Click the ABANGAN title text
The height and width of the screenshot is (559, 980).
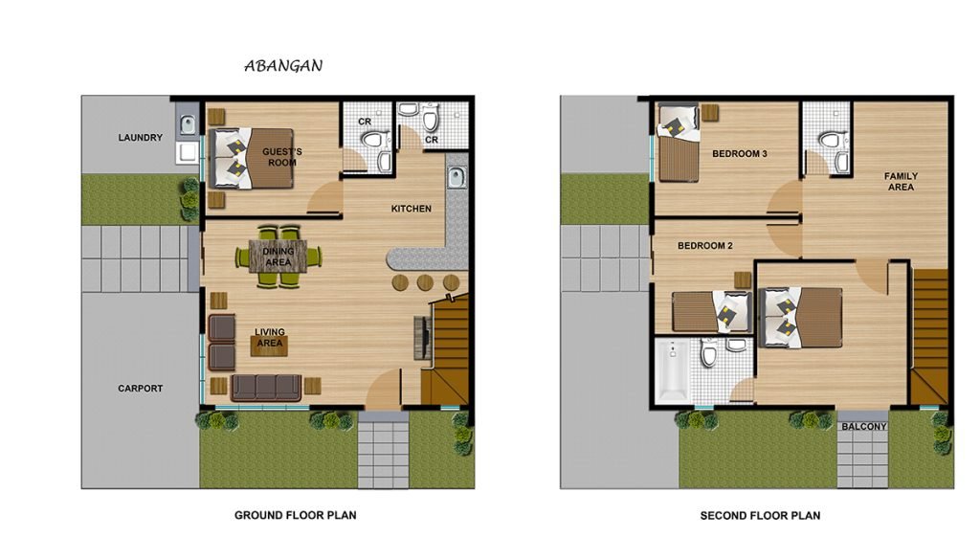pyautogui.click(x=283, y=66)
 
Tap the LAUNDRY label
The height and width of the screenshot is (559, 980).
pyautogui.click(x=140, y=138)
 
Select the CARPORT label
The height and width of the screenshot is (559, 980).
pyautogui.click(x=140, y=389)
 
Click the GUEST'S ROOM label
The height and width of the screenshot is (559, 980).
pyautogui.click(x=282, y=157)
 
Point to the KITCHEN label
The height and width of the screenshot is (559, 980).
pyautogui.click(x=412, y=209)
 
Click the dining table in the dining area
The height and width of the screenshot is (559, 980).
pyautogui.click(x=278, y=257)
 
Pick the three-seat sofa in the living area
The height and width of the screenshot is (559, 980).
pyautogui.click(x=266, y=388)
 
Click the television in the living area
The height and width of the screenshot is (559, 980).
pyautogui.click(x=422, y=338)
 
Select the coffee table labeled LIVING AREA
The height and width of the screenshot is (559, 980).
pyautogui.click(x=269, y=344)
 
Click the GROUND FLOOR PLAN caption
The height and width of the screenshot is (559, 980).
pyautogui.click(x=296, y=515)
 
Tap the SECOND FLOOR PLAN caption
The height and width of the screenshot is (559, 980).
pyautogui.click(x=760, y=516)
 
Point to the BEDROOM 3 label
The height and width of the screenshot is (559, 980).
pyautogui.click(x=740, y=154)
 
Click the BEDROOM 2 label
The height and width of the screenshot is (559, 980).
pyautogui.click(x=705, y=246)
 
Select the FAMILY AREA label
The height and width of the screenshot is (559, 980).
pyautogui.click(x=901, y=181)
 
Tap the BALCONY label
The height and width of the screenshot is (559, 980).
pyautogui.click(x=864, y=427)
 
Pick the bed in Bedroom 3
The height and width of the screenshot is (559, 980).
pyautogui.click(x=679, y=144)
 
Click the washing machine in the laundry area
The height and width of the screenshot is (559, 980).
pyautogui.click(x=187, y=152)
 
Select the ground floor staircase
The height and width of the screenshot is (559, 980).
pyautogui.click(x=446, y=351)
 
